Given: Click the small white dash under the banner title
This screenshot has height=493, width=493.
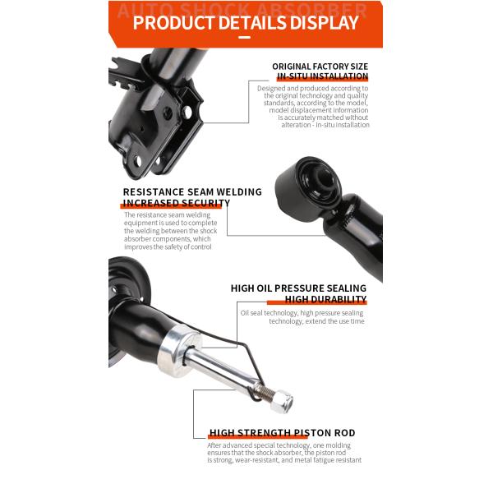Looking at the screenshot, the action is pyautogui.click(x=244, y=38).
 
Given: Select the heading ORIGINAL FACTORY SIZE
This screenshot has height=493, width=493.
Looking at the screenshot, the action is pyautogui.click(x=320, y=67).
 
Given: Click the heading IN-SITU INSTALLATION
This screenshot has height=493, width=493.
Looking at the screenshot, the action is pyautogui.click(x=323, y=76).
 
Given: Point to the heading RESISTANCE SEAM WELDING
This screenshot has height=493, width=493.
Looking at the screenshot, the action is pyautogui.click(x=192, y=191).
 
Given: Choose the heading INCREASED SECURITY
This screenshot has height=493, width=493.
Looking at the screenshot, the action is pyautogui.click(x=177, y=203).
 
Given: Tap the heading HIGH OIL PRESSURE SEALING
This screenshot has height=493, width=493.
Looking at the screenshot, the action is pyautogui.click(x=298, y=288).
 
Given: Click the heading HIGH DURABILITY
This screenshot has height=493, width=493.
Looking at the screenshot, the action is pyautogui.click(x=325, y=299).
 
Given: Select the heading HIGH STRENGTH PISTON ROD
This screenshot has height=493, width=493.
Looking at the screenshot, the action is pyautogui.click(x=283, y=433).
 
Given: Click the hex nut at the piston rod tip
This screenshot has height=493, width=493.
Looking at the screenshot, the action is pyautogui.click(x=282, y=401).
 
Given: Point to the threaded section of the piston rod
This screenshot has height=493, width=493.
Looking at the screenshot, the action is pyautogui.click(x=264, y=392).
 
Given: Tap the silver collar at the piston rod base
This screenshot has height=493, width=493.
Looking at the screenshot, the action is pyautogui.click(x=178, y=351).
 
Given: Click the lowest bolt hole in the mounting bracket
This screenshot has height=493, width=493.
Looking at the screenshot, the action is pyautogui.click(x=138, y=161).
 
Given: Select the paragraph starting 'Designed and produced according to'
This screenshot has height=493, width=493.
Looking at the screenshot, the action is pyautogui.click(x=313, y=106).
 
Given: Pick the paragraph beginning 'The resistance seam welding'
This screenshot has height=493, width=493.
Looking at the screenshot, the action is pyautogui.click(x=171, y=231).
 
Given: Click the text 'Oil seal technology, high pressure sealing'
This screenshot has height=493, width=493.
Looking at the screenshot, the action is pyautogui.click(x=302, y=313).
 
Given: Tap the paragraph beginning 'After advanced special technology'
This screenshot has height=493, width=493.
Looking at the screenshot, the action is pyautogui.click(x=284, y=453).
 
